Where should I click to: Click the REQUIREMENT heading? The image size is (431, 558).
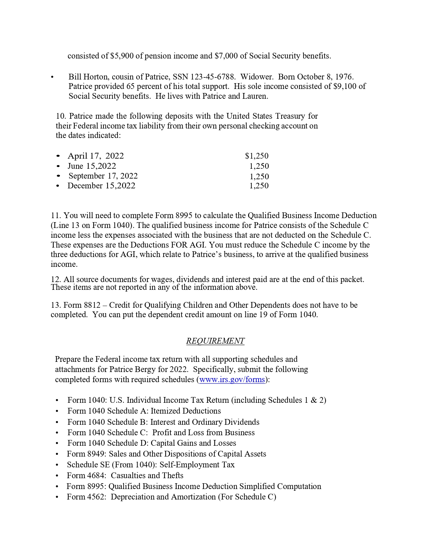click(215, 341)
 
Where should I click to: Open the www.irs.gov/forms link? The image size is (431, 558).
click(232, 379)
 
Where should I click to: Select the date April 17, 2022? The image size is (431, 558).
click(96, 156)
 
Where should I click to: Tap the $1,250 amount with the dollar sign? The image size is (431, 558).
click(257, 156)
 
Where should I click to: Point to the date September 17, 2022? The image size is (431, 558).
click(103, 176)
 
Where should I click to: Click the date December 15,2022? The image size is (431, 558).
click(101, 186)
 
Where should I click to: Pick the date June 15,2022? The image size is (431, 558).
click(92, 166)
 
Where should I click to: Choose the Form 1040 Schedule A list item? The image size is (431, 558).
click(144, 411)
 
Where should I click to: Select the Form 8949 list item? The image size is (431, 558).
click(166, 454)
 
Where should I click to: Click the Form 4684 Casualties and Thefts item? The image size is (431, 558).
click(125, 475)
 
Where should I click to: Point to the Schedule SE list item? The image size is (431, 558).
click(150, 465)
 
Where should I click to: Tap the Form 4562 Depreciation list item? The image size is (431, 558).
click(171, 497)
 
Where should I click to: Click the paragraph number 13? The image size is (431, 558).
click(55, 305)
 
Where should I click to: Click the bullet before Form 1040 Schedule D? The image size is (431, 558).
click(57, 443)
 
